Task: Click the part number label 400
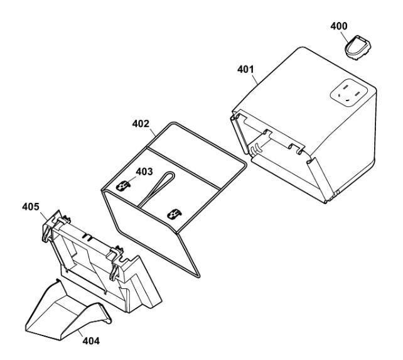pyautogui.click(x=339, y=26)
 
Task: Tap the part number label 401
pyautogui.click(x=245, y=70)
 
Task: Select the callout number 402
pyautogui.click(x=141, y=124)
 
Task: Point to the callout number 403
pyautogui.click(x=144, y=172)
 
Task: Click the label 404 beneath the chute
pyautogui.click(x=91, y=341)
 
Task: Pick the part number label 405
pyautogui.click(x=31, y=207)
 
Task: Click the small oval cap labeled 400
pyautogui.click(x=358, y=48)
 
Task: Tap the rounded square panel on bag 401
pyautogui.click(x=349, y=92)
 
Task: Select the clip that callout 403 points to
pyautogui.click(x=123, y=185)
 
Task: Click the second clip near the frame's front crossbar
pyautogui.click(x=174, y=214)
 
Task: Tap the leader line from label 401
pyautogui.click(x=255, y=79)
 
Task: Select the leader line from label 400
pyautogui.click(x=345, y=36)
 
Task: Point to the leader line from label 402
pyautogui.click(x=152, y=132)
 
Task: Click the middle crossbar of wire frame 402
pyautogui.click(x=183, y=168)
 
